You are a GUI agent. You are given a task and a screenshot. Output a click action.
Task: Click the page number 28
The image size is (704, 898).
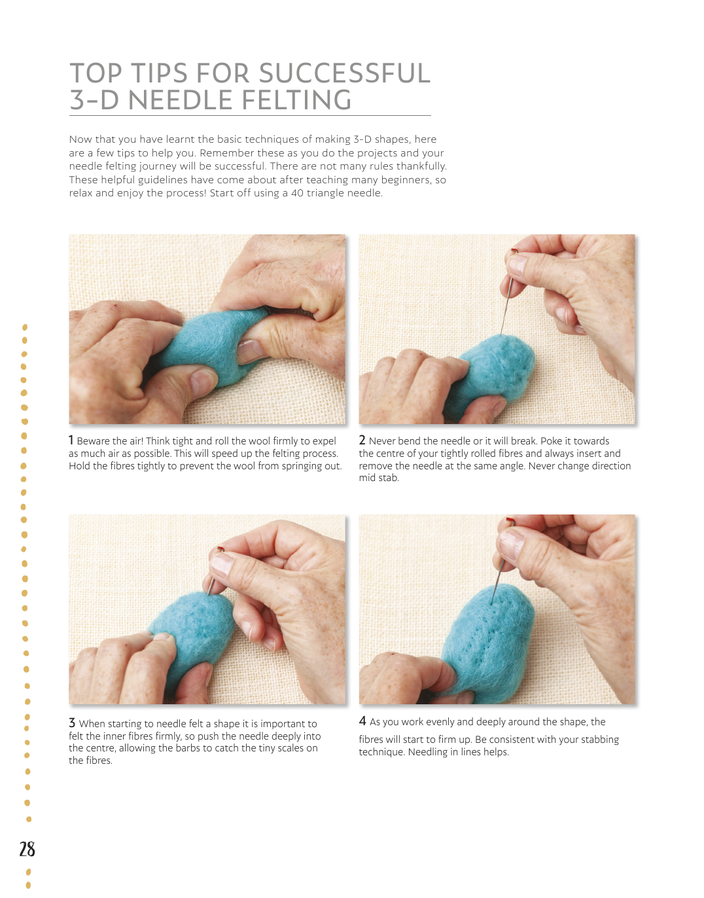tap(27, 849)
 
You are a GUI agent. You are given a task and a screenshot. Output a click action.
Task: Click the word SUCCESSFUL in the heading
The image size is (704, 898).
tap(345, 73)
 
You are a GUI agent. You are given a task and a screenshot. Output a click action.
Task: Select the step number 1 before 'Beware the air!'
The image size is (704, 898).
tap(71, 440)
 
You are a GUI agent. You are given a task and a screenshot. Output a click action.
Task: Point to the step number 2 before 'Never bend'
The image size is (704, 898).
tap(362, 440)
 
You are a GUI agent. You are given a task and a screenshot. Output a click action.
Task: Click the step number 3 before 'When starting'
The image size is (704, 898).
tap(72, 723)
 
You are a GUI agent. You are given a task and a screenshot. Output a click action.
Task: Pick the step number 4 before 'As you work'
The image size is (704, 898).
tap(362, 721)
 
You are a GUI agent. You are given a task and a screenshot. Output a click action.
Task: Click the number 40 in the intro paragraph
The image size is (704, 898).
tap(297, 193)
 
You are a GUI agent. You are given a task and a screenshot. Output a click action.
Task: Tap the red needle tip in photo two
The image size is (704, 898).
tap(514, 251)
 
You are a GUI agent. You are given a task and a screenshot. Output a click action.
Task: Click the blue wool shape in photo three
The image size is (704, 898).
tap(190, 632)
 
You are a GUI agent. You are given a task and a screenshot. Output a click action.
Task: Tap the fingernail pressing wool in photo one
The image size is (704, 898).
tap(250, 350)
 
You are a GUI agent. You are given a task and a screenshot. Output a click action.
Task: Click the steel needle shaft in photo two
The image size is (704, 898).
tap(506, 306)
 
